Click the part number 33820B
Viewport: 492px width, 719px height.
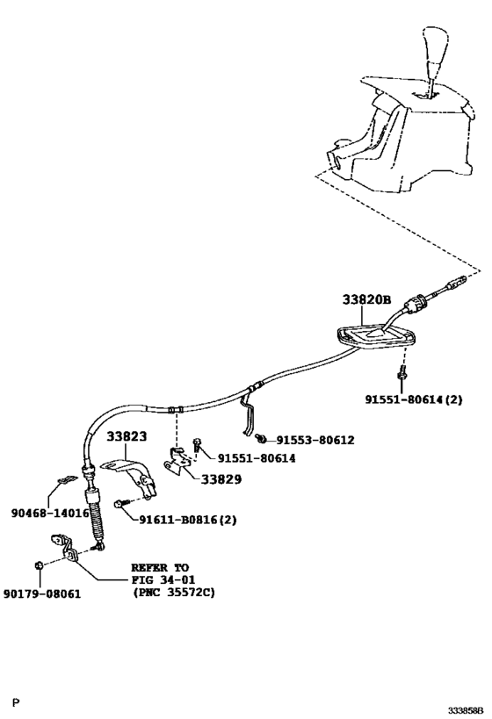[x=366, y=299]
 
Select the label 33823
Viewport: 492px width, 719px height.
[x=127, y=436]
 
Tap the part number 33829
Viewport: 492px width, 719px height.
[x=221, y=479]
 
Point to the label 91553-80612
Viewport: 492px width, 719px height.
[x=315, y=440]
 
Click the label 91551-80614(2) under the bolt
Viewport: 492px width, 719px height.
[x=414, y=399]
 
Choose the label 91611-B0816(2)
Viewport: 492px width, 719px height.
[x=188, y=520]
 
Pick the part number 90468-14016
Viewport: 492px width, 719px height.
[x=50, y=513]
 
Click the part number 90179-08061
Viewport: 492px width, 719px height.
[x=42, y=593]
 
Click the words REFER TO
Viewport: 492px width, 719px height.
[x=160, y=568]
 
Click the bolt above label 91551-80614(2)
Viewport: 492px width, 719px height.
[x=402, y=372]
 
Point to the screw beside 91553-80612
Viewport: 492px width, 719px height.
[x=262, y=439]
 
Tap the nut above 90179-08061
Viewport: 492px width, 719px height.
[x=39, y=565]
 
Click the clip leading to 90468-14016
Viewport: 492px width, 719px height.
[x=67, y=479]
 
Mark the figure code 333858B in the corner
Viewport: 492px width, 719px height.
[x=466, y=711]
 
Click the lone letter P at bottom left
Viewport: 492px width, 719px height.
[x=16, y=701]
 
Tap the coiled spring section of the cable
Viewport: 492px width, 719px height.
[x=97, y=521]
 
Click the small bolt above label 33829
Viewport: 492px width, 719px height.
[x=197, y=443]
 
